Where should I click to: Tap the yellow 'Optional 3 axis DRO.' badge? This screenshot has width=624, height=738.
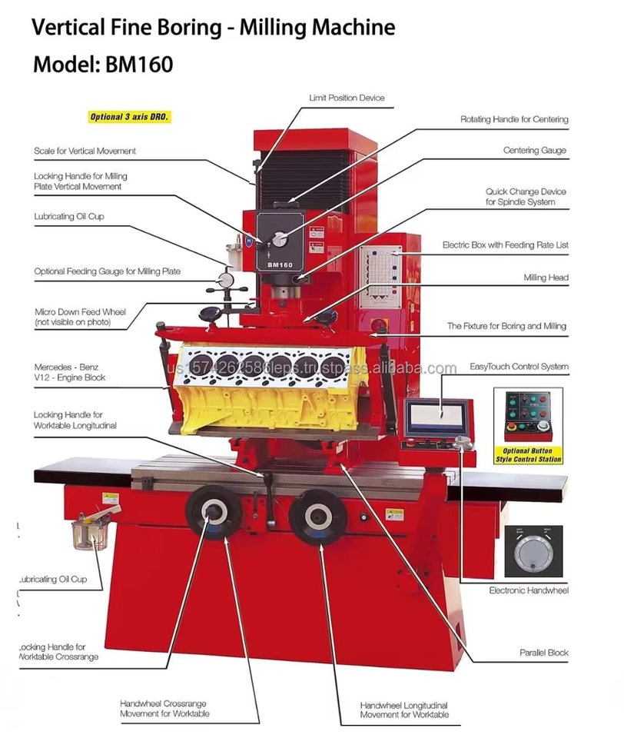[x=128, y=118]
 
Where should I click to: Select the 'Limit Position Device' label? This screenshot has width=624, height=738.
[x=347, y=98]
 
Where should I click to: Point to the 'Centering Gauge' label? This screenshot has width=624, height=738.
[x=535, y=151]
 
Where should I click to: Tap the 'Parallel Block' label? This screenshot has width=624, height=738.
[x=543, y=653]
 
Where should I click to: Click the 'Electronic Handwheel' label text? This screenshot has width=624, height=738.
[x=529, y=590]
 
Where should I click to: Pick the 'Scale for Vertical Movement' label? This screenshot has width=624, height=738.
[x=85, y=151]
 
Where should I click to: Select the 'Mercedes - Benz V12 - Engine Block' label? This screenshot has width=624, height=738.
[x=70, y=373]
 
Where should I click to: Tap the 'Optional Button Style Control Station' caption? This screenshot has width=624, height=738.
[x=529, y=455]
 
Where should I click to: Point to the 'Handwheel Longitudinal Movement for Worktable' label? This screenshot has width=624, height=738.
[x=403, y=710]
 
